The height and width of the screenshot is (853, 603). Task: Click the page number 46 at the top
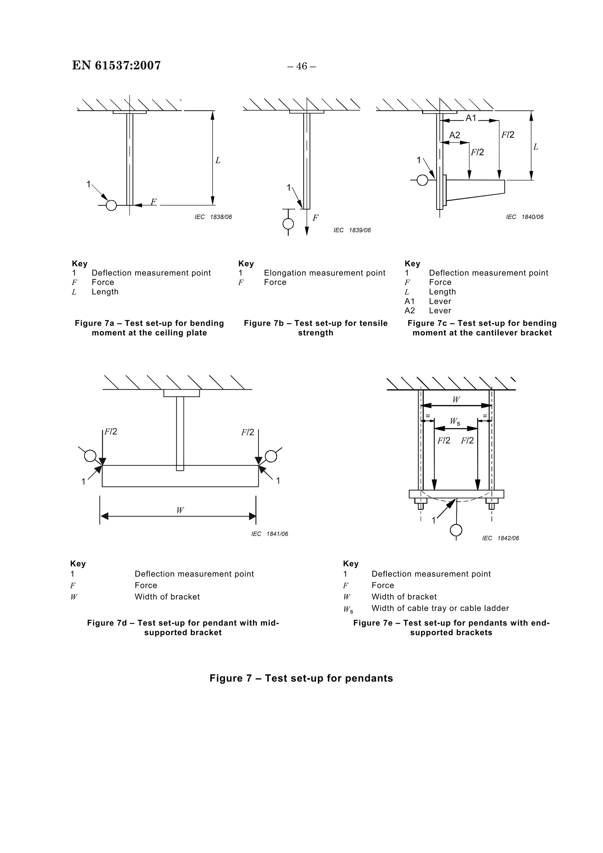301,67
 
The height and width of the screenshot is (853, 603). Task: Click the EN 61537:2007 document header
116,65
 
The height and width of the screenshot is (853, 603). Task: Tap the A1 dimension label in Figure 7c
471,118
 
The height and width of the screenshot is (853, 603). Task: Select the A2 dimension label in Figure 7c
454,135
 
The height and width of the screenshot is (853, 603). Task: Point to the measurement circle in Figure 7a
111,206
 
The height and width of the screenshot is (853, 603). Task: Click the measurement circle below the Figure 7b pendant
288,224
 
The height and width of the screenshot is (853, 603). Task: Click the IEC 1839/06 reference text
352,230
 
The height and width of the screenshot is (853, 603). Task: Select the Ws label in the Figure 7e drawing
455,422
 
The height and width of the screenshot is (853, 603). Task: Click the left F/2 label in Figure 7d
111,432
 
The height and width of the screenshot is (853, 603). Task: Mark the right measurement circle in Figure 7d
271,456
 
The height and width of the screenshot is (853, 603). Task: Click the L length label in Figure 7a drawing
218,160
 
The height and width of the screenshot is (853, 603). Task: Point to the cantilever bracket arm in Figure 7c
476,189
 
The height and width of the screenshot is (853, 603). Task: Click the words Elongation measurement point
324,273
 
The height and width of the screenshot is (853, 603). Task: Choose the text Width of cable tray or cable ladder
440,608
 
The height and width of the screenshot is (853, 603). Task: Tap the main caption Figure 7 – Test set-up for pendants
301,678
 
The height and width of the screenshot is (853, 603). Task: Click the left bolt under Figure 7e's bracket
420,505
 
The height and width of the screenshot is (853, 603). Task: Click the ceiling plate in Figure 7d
181,393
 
